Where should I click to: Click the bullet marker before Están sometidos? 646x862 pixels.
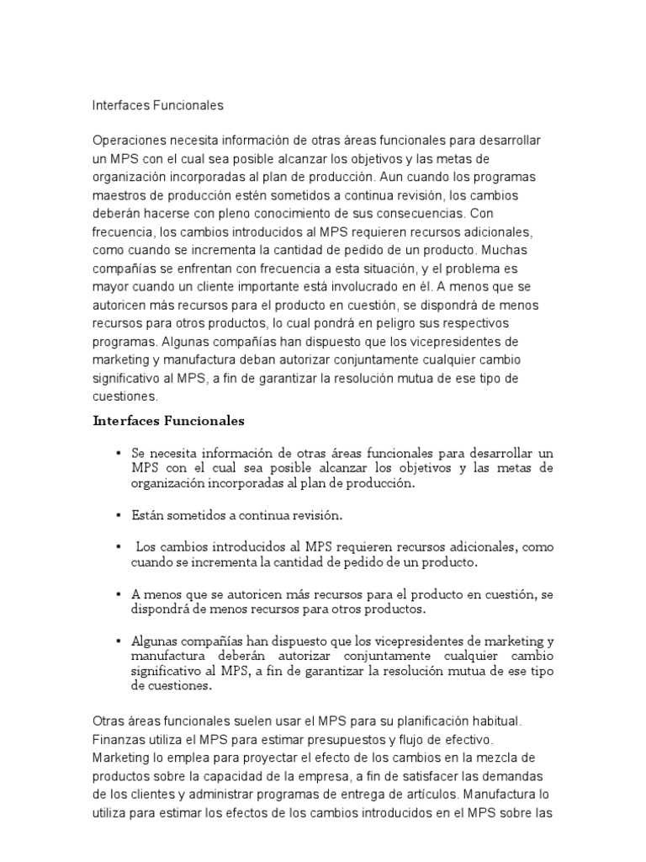tap(120, 514)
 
